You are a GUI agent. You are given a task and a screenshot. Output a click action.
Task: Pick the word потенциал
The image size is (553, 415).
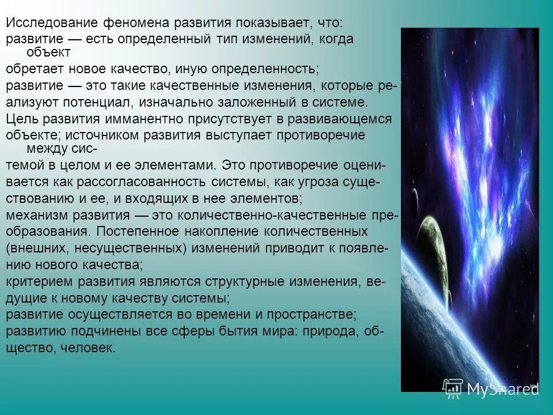click(99, 103)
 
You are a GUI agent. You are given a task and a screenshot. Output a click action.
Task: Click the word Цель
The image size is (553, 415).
click(21, 119)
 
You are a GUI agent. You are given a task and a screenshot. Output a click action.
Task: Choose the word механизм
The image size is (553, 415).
click(37, 215)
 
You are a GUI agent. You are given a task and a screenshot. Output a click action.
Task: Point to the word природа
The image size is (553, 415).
click(343, 331)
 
